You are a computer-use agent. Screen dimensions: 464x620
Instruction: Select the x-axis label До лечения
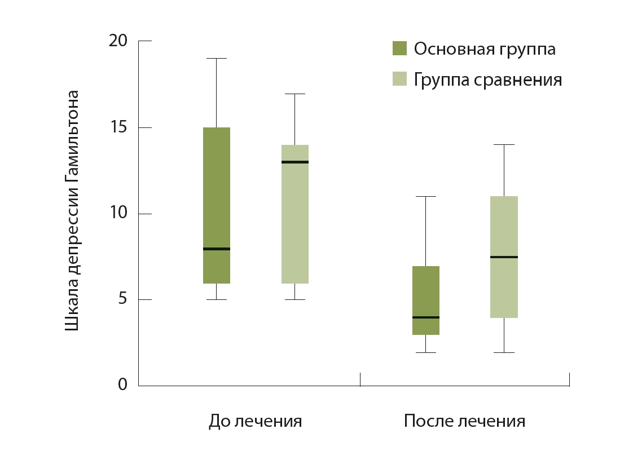pyautogui.click(x=255, y=421)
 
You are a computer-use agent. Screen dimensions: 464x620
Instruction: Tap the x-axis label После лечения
pyautogui.click(x=464, y=421)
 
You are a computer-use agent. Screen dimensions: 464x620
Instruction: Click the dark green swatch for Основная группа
pyautogui.click(x=399, y=48)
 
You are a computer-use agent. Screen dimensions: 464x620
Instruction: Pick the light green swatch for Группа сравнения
pyautogui.click(x=399, y=79)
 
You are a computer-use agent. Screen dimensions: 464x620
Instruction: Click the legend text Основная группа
pyautogui.click(x=485, y=49)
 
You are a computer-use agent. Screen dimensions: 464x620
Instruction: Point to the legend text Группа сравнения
pyautogui.click(x=488, y=79)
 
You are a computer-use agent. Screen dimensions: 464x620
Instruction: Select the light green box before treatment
pyautogui.click(x=295, y=214)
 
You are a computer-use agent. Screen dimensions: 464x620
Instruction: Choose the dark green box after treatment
pyautogui.click(x=426, y=300)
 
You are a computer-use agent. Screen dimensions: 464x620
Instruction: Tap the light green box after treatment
pyautogui.click(x=504, y=257)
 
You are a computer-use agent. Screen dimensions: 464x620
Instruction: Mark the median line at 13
pyautogui.click(x=295, y=162)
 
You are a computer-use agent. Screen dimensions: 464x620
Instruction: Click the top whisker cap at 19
pyautogui.click(x=217, y=58)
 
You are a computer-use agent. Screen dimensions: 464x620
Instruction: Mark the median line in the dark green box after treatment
pyautogui.click(x=426, y=317)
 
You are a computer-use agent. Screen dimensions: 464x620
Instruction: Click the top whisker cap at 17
pyautogui.click(x=295, y=94)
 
